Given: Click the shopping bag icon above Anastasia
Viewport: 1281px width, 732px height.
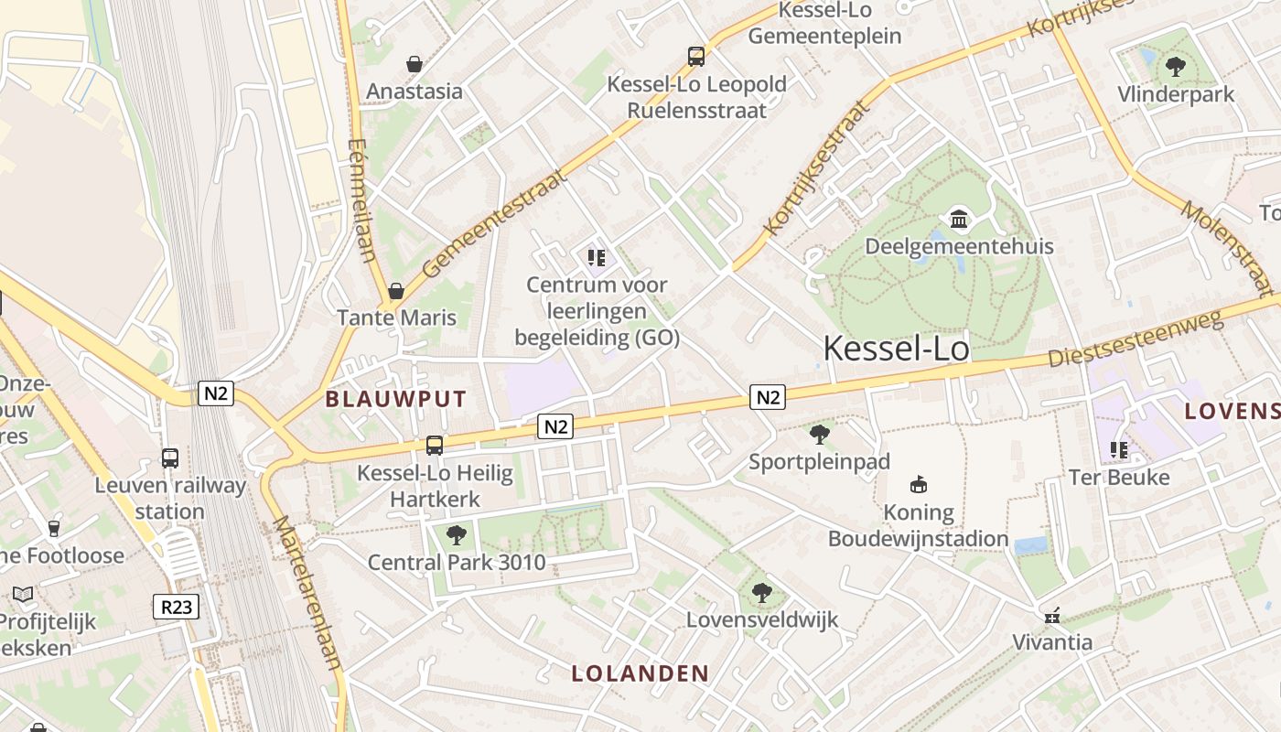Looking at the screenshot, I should pos(414,64).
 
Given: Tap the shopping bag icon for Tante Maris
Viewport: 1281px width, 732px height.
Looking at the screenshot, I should pos(396,291).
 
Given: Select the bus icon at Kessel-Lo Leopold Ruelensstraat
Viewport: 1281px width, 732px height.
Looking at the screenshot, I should pos(696,57).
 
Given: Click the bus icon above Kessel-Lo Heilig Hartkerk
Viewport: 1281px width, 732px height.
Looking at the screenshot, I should pos(435,446).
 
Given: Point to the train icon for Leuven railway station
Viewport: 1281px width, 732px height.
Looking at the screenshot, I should pos(170,458).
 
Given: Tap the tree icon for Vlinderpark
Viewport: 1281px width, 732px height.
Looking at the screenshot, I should pos(1176,67).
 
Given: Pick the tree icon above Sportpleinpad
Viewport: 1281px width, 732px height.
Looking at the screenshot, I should pos(820,435).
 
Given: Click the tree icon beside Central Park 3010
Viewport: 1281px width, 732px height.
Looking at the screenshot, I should pos(456,535).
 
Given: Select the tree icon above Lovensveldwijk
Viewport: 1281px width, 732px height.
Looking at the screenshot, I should pos(761,593).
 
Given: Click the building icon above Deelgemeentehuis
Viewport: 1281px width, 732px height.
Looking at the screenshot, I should pos(960,219).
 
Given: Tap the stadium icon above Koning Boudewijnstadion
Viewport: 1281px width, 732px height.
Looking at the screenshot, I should pos(919,484).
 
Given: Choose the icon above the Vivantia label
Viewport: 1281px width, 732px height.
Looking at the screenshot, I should pos(1052,615).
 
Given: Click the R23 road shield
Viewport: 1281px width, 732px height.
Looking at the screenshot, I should pos(176,606).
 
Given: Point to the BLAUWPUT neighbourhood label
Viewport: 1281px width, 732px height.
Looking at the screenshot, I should pos(396,399).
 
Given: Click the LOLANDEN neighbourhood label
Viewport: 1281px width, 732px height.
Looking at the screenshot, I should pos(640,674).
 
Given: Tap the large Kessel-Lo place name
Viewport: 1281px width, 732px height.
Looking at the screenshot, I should pos(896,348).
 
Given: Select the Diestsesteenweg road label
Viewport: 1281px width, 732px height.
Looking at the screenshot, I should pos(1136,339).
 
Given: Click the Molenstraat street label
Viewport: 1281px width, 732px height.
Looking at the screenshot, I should pos(1226,248).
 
